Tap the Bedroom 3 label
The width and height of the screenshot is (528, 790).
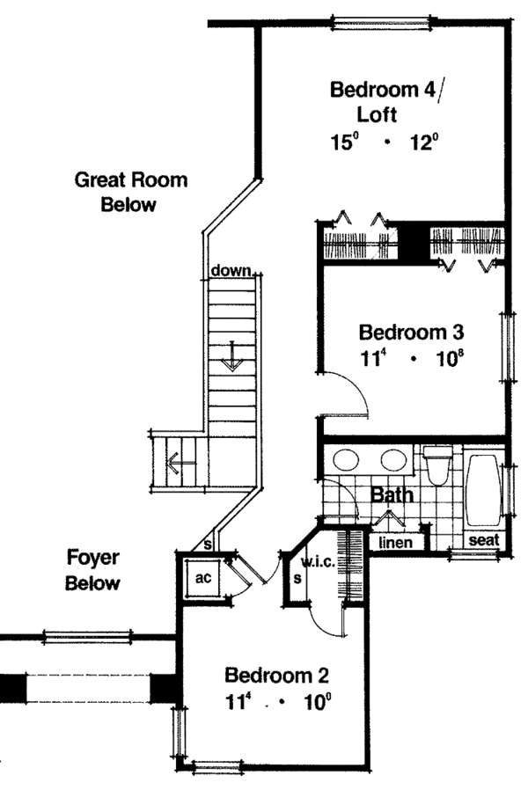(x=411, y=333)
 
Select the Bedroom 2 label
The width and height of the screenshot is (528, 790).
(x=276, y=675)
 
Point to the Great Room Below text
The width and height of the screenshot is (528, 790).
(x=130, y=192)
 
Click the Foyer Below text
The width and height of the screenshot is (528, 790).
(x=92, y=570)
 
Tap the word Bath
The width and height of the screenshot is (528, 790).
(x=392, y=494)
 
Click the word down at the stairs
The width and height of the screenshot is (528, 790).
(x=231, y=270)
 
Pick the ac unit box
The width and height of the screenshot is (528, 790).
(x=203, y=577)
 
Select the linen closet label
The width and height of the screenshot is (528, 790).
(x=395, y=542)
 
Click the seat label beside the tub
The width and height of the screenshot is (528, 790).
(x=484, y=540)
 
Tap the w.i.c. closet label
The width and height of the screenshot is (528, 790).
(x=319, y=562)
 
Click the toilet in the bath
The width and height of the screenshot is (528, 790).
(x=436, y=464)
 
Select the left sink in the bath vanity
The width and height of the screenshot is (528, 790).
(x=346, y=459)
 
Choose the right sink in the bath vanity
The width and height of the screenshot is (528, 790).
(x=393, y=459)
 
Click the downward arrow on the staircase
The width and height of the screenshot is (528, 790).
(x=232, y=355)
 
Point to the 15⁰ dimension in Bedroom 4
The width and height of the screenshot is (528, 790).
(x=342, y=142)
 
